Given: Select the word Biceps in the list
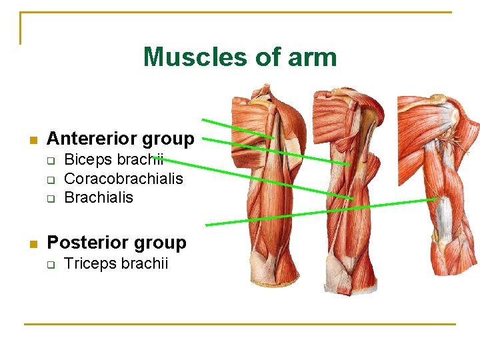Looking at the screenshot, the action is coord(87,161).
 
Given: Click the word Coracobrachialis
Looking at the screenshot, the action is coord(123,179).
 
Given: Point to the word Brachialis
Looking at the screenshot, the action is coord(98,197).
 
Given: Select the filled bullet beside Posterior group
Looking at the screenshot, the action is coord(31,244).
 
